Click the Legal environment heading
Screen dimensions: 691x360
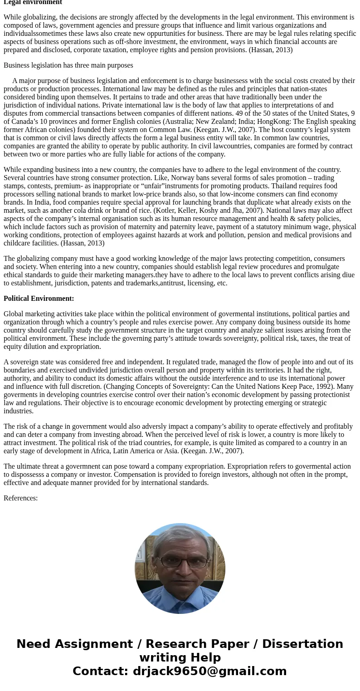click(33, 2)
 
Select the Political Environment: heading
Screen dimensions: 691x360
click(39, 299)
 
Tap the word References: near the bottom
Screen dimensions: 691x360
click(20, 498)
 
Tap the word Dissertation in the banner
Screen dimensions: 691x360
click(302, 644)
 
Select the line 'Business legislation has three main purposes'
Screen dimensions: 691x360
click(68, 65)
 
